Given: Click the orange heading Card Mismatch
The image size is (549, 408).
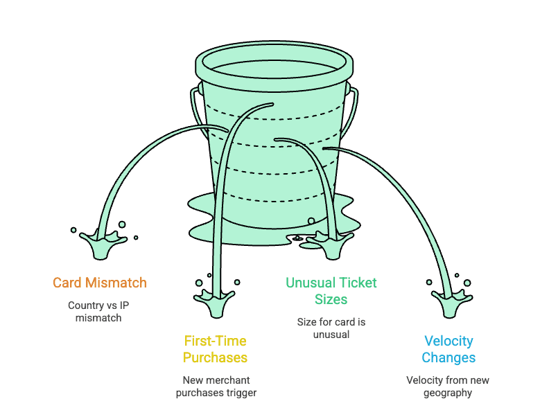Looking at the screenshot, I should click(x=100, y=283).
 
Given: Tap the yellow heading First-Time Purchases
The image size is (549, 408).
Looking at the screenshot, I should click(x=215, y=349).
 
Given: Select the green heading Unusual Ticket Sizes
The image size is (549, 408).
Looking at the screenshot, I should click(x=331, y=291).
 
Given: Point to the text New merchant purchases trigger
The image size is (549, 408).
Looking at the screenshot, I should click(x=216, y=387).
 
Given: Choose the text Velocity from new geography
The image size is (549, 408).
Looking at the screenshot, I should click(x=448, y=387).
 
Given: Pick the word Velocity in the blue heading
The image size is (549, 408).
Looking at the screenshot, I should click(x=448, y=341).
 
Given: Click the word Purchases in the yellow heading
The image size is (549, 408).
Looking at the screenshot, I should click(x=215, y=358).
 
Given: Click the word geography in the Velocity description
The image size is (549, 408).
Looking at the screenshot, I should click(x=448, y=393).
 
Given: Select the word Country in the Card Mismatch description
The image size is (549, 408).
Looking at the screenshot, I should click(x=85, y=305).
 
